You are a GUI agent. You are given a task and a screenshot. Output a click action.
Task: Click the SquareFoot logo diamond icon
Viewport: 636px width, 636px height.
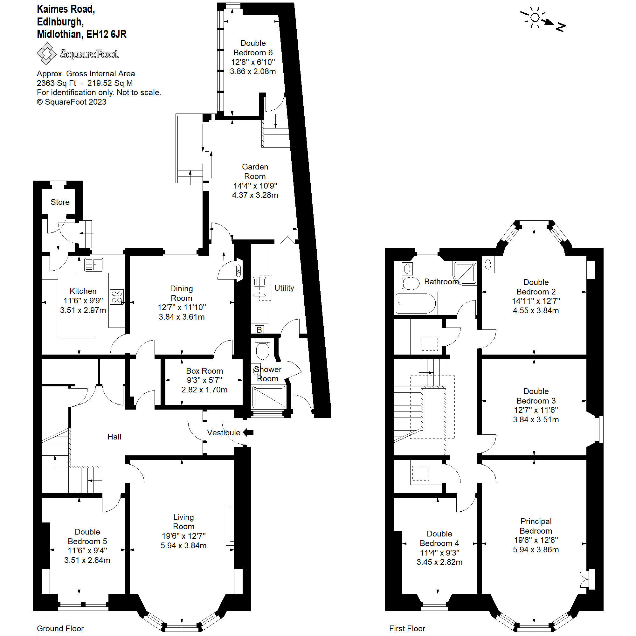[x=46, y=53]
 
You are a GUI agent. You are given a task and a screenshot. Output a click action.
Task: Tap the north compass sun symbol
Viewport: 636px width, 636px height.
[x=535, y=17]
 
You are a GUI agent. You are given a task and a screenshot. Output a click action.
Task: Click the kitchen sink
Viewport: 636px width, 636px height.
[x=94, y=265]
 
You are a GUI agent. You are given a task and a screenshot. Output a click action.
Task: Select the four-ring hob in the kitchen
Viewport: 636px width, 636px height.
[x=117, y=297]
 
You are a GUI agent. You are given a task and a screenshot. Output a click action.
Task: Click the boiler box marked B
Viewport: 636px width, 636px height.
[x=259, y=329]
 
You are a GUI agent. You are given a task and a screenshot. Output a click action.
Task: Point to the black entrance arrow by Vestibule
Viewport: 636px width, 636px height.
[x=248, y=432]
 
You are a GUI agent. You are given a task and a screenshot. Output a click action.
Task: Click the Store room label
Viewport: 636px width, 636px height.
[x=60, y=202]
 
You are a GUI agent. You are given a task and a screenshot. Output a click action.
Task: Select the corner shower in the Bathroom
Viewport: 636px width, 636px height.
[x=465, y=273]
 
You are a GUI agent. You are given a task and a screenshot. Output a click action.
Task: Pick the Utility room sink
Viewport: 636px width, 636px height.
[x=259, y=287]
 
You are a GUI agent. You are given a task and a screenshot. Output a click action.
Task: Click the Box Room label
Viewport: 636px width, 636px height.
[x=204, y=371]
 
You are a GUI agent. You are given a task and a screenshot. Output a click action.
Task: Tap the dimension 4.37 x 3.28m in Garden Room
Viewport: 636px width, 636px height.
[x=255, y=195]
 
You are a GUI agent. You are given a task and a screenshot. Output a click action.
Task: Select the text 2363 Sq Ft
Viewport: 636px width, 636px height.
[x=56, y=83]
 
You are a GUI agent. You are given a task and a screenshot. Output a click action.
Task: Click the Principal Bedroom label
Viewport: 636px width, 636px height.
[x=536, y=526]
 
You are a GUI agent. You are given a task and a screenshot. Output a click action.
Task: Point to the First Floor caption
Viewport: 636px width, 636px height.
[x=407, y=628]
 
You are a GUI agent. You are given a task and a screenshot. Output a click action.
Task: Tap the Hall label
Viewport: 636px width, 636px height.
[x=114, y=437]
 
